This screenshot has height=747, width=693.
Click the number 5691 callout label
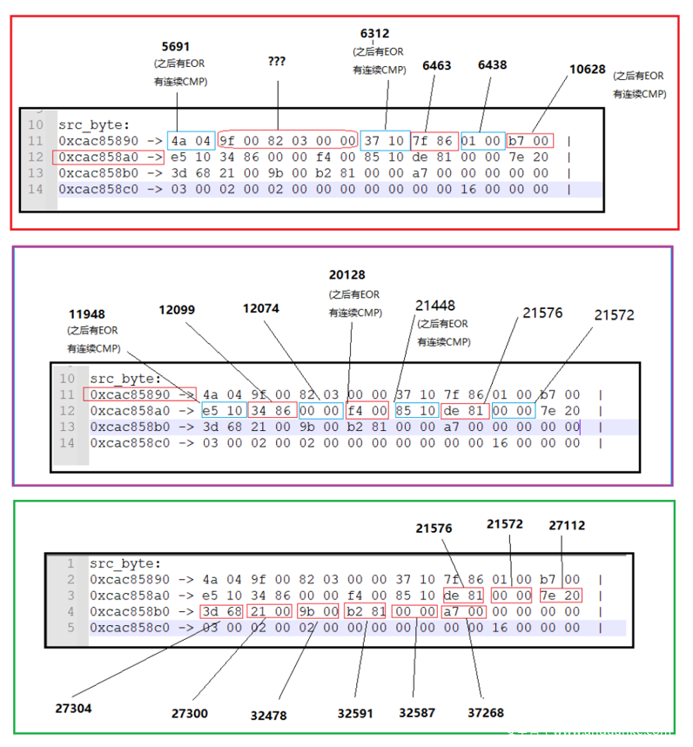click(175, 46)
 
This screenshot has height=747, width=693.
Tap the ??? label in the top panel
click(277, 63)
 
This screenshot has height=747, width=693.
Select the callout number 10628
click(587, 70)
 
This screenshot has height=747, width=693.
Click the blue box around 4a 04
click(192, 140)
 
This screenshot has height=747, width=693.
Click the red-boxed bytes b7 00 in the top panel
click(530, 140)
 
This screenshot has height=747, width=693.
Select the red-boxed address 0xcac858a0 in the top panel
click(108, 158)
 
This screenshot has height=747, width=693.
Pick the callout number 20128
click(347, 275)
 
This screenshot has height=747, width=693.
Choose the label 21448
click(434, 306)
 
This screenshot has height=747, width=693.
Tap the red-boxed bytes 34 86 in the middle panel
click(269, 411)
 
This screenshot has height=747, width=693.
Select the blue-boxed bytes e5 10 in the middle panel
click(222, 411)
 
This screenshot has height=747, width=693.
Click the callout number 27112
click(567, 526)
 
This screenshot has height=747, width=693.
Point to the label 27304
click(74, 709)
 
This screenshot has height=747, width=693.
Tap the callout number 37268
click(486, 713)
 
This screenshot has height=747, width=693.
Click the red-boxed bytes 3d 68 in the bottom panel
click(223, 612)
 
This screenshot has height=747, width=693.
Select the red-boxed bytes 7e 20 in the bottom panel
click(561, 596)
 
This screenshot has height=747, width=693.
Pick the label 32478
click(268, 716)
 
